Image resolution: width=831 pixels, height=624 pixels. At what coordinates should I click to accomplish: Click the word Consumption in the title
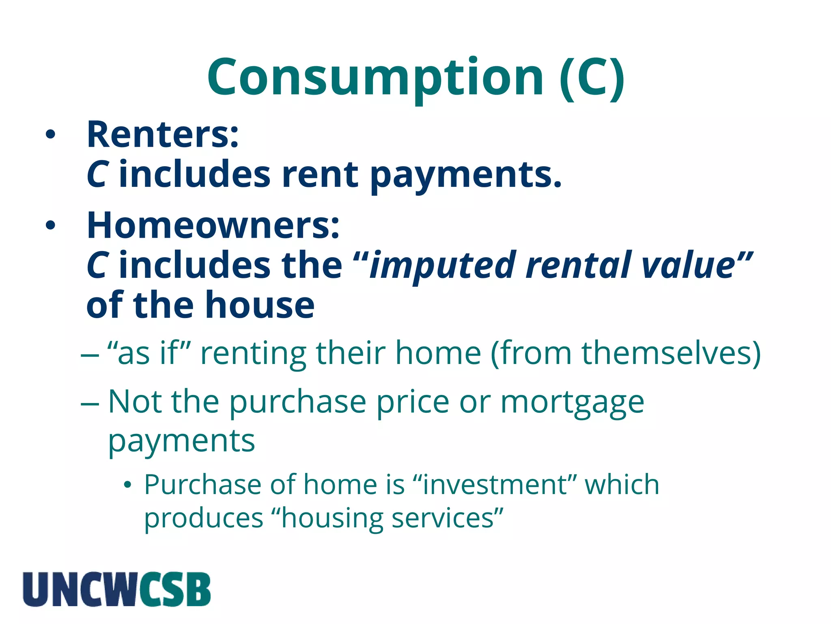coord(375,77)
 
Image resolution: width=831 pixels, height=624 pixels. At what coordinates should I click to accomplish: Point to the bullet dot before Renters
coord(50,135)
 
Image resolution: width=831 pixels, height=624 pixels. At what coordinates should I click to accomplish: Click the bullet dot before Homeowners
coord(50,226)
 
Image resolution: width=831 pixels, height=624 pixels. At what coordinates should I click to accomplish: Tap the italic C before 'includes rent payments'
coord(98,175)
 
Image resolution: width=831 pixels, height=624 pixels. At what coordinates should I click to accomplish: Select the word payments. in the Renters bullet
coord(466,175)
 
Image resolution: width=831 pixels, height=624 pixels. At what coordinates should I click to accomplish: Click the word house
coord(260,305)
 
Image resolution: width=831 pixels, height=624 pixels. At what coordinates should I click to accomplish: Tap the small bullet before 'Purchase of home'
coord(128,485)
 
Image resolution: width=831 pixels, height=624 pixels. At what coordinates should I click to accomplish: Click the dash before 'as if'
coord(90,355)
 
